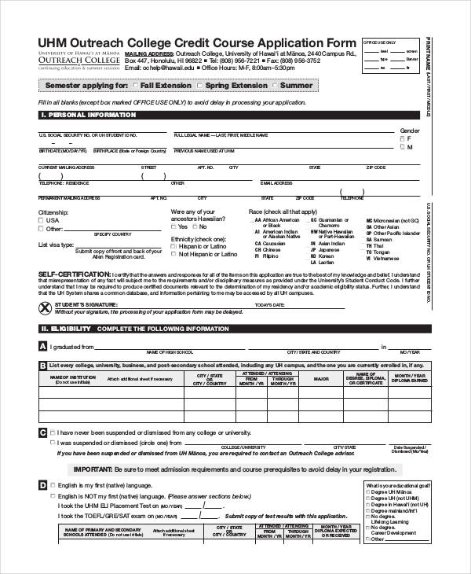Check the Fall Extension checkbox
pos(137,85)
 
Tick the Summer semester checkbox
pos(276,85)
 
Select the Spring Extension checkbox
pos(201,85)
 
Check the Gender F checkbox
pos(403,138)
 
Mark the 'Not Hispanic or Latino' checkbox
pos(174,255)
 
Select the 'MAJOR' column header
pos(321,379)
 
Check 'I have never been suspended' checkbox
pos(53,432)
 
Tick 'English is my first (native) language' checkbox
pos(53,487)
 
